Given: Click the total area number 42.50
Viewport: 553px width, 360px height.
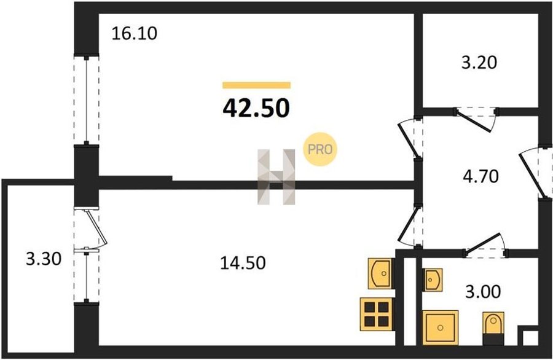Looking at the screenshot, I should pos(256,108).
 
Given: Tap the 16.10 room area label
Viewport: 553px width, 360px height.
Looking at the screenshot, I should pos(135,33).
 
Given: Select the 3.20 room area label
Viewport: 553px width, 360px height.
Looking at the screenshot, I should pos(478,62).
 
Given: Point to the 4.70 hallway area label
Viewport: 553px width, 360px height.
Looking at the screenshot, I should pos(479,177).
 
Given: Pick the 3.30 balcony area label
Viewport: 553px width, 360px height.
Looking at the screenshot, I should pos(43,259).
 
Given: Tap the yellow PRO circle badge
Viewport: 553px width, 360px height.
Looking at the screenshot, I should pos(321,149).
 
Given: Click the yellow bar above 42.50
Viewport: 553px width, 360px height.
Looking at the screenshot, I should pos(256,85).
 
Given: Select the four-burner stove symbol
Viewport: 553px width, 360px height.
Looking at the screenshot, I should pos(375,313).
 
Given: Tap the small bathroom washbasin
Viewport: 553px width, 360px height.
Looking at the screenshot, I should pos(434,280).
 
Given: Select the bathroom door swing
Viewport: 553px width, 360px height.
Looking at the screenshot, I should pos(485,246).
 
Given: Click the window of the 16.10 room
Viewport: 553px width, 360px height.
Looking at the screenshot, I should pos(87,100).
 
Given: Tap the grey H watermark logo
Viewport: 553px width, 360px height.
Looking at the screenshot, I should pos(276,176).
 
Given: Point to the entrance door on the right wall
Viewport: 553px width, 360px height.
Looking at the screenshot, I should pos(532,173).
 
